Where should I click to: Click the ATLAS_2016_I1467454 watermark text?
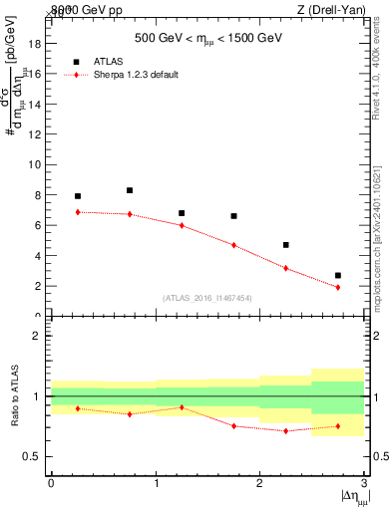[205, 298]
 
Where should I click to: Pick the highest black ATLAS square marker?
[130, 190]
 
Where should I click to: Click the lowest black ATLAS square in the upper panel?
[338, 275]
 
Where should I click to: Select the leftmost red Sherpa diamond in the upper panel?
[78, 212]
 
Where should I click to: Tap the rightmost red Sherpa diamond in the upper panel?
[338, 287]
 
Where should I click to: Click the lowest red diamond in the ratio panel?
[286, 430]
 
